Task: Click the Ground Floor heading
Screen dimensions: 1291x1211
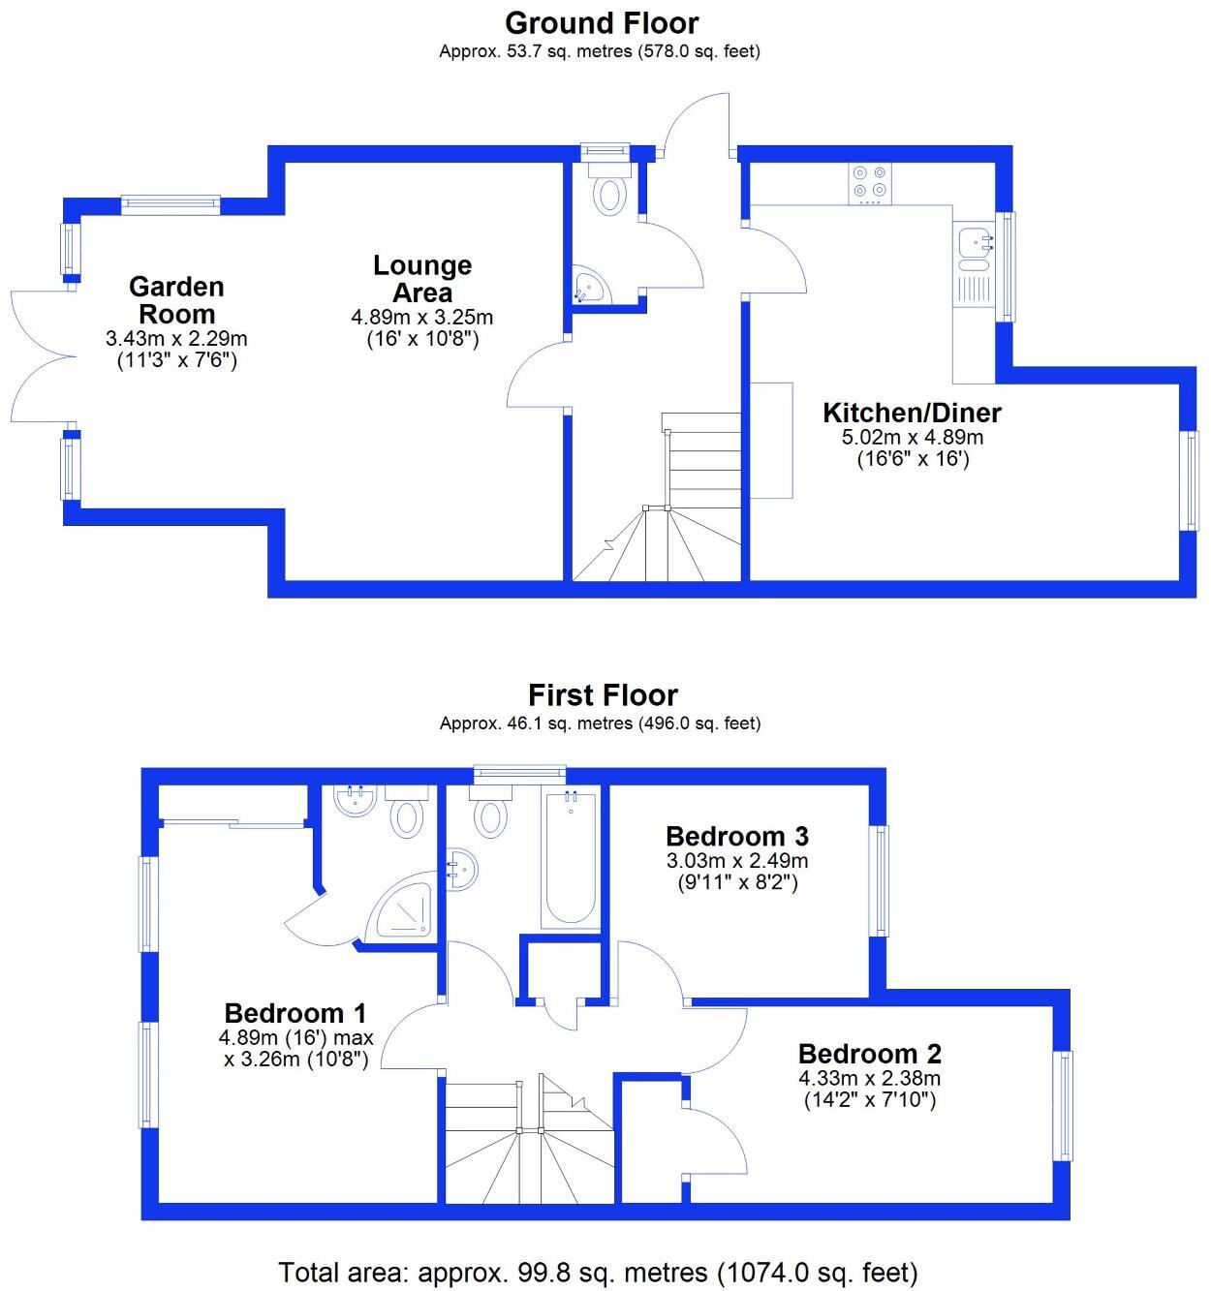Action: pos(601,22)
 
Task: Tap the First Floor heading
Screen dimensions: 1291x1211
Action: pos(602,694)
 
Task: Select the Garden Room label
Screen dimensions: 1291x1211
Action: pos(176,300)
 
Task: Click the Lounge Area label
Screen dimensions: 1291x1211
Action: pos(422,279)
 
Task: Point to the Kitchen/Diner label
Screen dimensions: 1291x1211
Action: pos(912,413)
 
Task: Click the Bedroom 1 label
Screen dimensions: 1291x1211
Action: pos(295,1013)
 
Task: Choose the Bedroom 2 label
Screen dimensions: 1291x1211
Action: pos(869,1054)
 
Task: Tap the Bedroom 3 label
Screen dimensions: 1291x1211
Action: pos(737,836)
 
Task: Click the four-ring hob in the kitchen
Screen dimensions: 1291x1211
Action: pos(869,183)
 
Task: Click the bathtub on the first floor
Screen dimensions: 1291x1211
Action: pos(571,858)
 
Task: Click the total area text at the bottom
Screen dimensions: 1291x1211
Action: pos(598,1272)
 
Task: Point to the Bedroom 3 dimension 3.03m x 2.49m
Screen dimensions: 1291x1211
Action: pos(737,861)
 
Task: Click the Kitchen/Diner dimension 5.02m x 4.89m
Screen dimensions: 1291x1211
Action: pos(912,438)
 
